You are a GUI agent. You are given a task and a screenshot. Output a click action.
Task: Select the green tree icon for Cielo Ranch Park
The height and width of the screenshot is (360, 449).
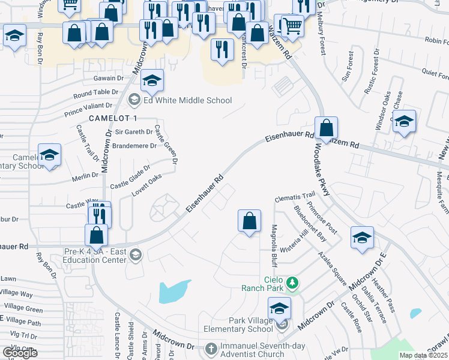(x=292, y=281)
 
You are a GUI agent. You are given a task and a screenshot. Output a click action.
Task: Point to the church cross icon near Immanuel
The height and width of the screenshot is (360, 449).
(x=211, y=349)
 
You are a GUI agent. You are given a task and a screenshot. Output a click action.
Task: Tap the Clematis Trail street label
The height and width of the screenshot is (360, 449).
(x=295, y=196)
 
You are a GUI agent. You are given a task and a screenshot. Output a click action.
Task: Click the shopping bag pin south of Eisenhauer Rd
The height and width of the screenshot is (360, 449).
(x=249, y=221)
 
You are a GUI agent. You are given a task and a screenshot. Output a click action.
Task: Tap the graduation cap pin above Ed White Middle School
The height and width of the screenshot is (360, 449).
(x=152, y=81)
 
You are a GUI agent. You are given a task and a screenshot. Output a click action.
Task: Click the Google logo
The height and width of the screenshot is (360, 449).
(x=20, y=353)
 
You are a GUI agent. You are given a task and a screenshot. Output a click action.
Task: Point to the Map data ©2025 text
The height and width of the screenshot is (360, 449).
(x=423, y=355)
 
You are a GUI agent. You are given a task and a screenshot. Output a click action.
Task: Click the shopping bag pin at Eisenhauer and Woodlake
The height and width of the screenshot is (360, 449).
(x=326, y=128)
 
